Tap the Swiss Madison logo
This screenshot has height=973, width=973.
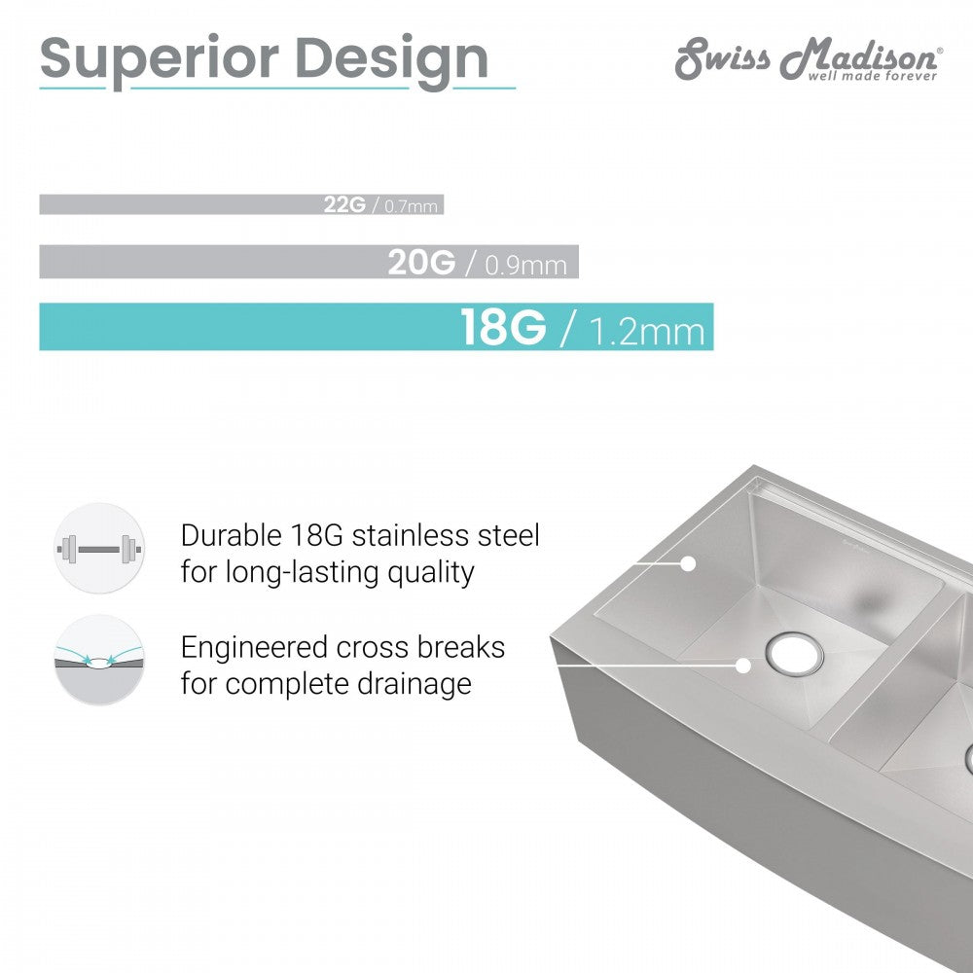tap(810, 59)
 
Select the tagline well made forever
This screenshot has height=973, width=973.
tap(872, 76)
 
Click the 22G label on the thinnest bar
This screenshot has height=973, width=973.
tap(344, 204)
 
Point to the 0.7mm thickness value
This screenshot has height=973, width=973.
tap(411, 205)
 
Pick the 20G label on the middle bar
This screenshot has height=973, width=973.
tap(421, 262)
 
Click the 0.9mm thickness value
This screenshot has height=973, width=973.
tap(525, 265)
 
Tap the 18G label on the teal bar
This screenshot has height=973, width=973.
tap(503, 326)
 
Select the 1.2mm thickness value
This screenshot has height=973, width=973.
tap(647, 331)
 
